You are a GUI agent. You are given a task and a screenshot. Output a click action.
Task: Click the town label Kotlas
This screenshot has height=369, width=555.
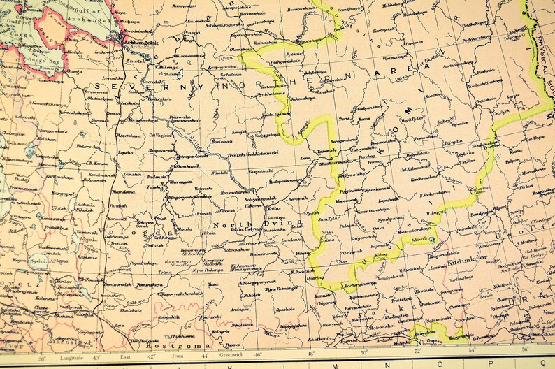point(272,208)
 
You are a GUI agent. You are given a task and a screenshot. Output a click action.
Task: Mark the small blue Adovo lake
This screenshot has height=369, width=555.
point(432,239)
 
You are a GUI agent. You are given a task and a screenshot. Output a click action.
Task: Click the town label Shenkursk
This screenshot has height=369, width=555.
point(184,166)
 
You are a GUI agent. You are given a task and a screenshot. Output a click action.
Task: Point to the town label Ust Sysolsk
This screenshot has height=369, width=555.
point(350,175)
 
